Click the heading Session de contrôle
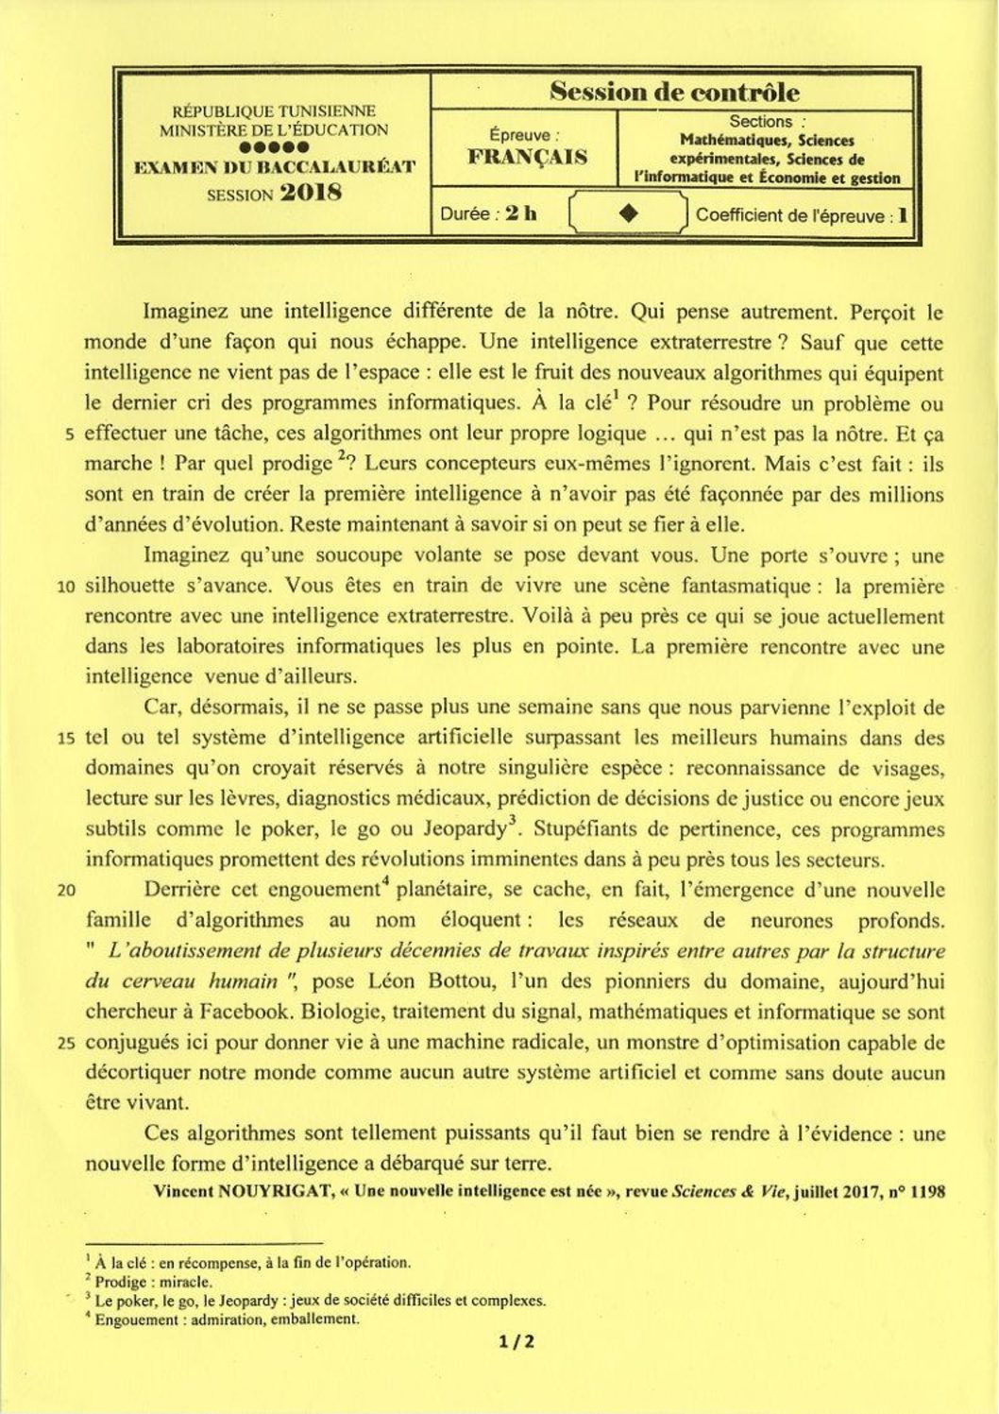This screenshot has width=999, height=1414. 674,93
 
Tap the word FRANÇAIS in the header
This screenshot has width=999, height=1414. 528,157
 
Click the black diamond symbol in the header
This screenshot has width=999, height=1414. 628,213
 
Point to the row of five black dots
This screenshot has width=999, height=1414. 274,148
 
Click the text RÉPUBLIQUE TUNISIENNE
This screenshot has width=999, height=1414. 273,111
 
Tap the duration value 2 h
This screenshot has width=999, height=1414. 520,213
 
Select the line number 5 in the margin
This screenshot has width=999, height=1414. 69,435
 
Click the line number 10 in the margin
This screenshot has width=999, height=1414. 66,587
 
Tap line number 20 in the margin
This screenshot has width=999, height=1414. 66,890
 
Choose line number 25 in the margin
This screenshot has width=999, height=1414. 66,1044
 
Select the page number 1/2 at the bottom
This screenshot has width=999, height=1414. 518,1341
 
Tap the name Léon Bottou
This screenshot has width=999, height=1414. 445,981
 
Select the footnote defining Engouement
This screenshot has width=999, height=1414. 227,1320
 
